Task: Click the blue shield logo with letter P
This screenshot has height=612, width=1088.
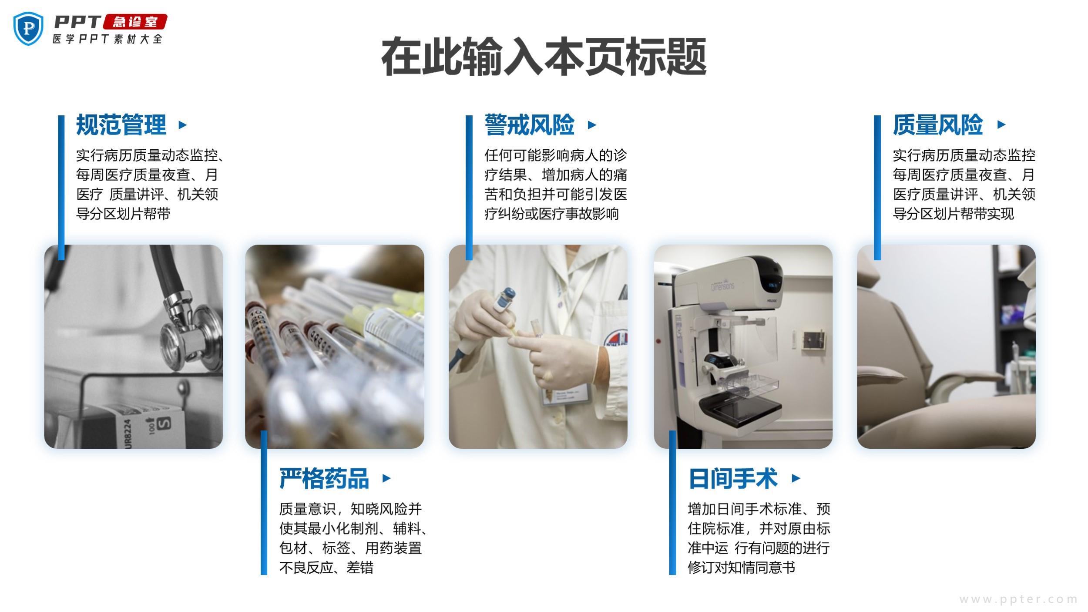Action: (x=28, y=28)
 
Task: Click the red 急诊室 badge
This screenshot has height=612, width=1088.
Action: (x=135, y=22)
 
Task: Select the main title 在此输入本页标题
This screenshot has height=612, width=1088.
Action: (x=544, y=57)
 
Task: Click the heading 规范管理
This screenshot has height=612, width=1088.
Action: (x=121, y=125)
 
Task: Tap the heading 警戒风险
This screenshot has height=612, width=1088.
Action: (x=530, y=125)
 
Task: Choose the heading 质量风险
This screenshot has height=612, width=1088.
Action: (x=938, y=125)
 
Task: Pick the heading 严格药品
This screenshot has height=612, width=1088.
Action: (x=324, y=478)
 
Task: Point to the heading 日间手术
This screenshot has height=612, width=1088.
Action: (x=733, y=478)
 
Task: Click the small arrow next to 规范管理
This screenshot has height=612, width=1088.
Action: (x=183, y=125)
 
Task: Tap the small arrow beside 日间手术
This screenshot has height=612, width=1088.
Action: (x=796, y=478)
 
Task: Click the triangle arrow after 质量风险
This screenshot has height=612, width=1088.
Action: (x=1001, y=125)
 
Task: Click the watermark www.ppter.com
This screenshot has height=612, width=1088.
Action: (x=1018, y=599)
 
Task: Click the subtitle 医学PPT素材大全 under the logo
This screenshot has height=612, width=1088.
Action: (x=107, y=39)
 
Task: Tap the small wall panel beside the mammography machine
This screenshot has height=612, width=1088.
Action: (x=813, y=340)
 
